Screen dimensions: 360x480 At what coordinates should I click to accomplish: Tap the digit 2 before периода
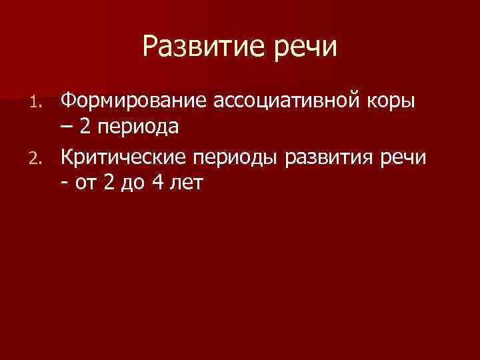point(87,125)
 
